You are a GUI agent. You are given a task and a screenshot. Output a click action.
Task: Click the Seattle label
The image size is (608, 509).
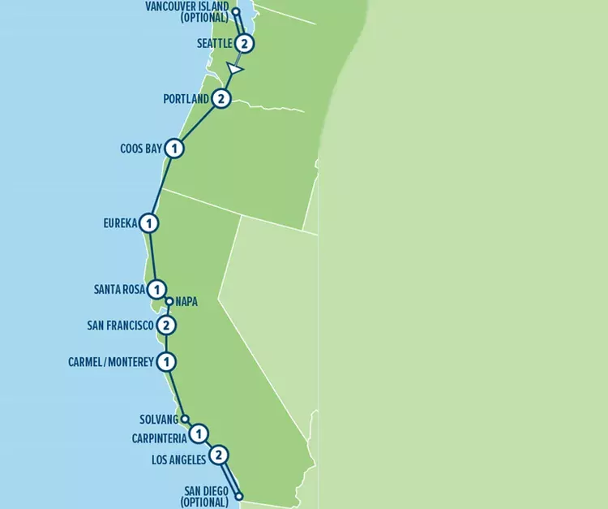pos(214,44)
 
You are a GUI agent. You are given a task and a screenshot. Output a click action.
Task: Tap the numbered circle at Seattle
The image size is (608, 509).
pos(245,43)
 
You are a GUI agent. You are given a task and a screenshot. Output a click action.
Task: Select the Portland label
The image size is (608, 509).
pos(186,99)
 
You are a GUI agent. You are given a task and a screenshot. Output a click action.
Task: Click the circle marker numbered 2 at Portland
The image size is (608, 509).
pos(221,99)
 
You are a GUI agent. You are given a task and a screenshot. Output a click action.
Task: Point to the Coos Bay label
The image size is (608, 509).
pos(141,149)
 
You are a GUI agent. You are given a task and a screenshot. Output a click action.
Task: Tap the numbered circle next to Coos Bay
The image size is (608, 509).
pos(174,149)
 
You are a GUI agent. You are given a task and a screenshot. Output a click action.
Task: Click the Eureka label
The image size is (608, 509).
pos(120,222)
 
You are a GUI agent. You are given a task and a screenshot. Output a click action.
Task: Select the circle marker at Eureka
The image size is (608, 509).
pos(148,222)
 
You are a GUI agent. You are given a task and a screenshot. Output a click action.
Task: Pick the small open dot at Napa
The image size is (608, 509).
pos(169,301)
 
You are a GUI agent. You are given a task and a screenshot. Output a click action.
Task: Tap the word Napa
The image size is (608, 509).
pos(186,301)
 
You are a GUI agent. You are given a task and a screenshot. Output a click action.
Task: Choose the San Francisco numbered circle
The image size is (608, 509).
pos(165,326)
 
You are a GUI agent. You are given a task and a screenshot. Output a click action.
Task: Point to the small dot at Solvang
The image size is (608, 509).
pos(185,419)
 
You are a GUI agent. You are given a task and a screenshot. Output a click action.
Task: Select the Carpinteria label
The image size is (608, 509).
pos(159,438)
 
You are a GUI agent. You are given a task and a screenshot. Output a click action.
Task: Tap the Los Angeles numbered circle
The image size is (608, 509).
pos(218,455)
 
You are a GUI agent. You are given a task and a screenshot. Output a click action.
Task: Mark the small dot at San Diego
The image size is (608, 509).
pos(239,496)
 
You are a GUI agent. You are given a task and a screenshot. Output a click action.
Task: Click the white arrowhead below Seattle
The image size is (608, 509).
pos(235,70)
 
